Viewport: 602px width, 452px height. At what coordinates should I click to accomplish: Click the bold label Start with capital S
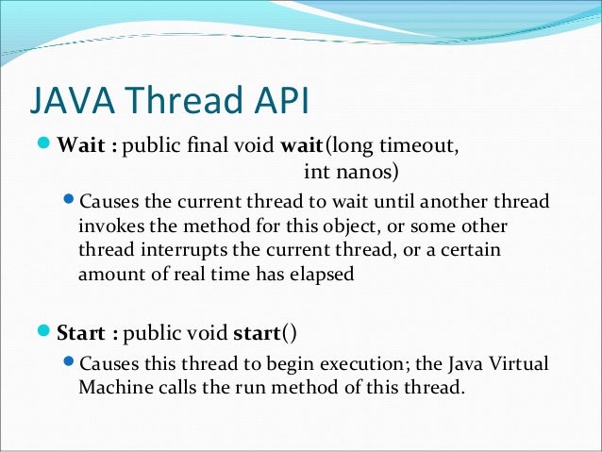[83, 333]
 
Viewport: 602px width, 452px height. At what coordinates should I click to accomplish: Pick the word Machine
[113, 387]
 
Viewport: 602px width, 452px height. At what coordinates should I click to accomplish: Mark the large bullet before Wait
[46, 146]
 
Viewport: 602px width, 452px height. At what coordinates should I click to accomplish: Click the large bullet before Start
[46, 332]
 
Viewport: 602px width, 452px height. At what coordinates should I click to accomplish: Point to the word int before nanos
[317, 172]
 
